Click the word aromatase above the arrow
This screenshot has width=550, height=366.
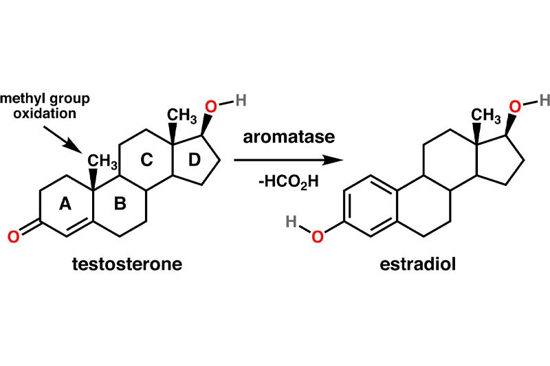point(289,137)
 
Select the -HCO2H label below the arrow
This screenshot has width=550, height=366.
point(289,182)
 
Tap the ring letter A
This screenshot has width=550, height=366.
point(65,203)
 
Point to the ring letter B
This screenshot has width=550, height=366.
point(120,203)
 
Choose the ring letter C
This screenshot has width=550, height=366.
point(146,160)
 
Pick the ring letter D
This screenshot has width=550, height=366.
point(194,160)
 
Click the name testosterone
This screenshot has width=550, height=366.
point(127,264)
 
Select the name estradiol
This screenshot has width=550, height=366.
point(418,264)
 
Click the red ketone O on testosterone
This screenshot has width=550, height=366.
point(13,237)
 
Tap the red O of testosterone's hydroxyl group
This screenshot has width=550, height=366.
point(211,106)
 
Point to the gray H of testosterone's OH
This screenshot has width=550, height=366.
point(241,100)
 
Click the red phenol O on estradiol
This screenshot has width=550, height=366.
point(318,237)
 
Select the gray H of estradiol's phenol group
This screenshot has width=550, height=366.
point(291,221)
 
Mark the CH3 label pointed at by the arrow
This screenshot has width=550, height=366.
point(102,161)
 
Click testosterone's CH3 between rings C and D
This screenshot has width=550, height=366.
point(181,116)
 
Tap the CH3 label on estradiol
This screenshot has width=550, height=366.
point(485,116)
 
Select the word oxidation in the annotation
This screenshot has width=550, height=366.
point(45,113)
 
